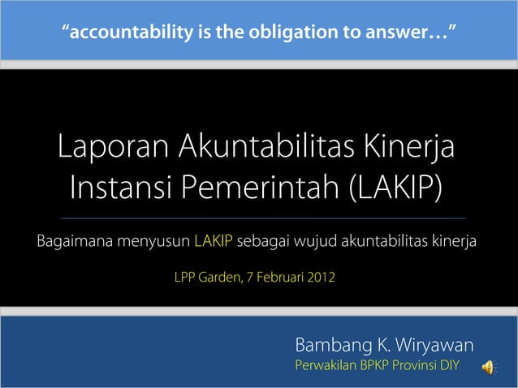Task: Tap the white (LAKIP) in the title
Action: [x=397, y=189]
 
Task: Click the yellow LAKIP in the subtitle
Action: [x=214, y=241]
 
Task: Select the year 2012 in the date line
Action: [x=318, y=278]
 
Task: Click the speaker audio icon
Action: [x=489, y=368]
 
